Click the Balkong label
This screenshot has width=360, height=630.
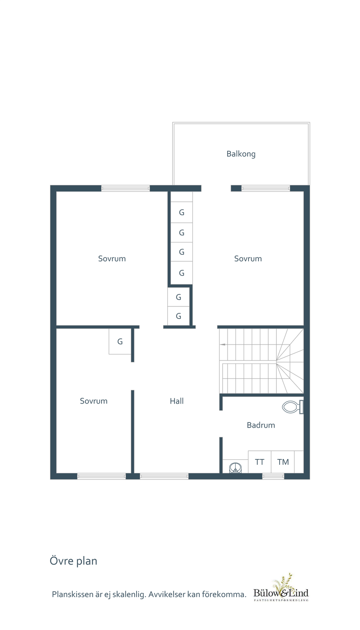(x=241, y=154)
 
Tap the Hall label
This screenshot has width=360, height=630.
(x=177, y=401)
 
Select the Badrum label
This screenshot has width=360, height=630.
(x=261, y=425)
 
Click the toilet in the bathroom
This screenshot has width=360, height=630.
(x=293, y=407)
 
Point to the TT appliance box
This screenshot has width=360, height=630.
(x=260, y=462)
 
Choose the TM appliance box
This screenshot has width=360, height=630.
(x=283, y=462)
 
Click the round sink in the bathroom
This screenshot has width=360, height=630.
(x=235, y=468)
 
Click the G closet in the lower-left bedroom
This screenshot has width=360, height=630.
(x=120, y=341)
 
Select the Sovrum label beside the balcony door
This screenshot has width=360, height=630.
(x=248, y=259)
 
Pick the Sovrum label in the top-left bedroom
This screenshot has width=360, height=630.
(x=112, y=259)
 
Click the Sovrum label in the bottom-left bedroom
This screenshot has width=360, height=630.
(x=93, y=401)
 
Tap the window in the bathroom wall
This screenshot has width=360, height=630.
(x=273, y=476)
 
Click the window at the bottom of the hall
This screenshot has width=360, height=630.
(x=164, y=476)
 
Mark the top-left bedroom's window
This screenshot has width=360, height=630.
(x=125, y=188)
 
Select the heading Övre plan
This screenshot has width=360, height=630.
(x=73, y=561)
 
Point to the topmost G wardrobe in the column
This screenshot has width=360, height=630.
(x=182, y=212)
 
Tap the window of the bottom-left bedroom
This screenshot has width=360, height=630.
(x=102, y=476)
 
